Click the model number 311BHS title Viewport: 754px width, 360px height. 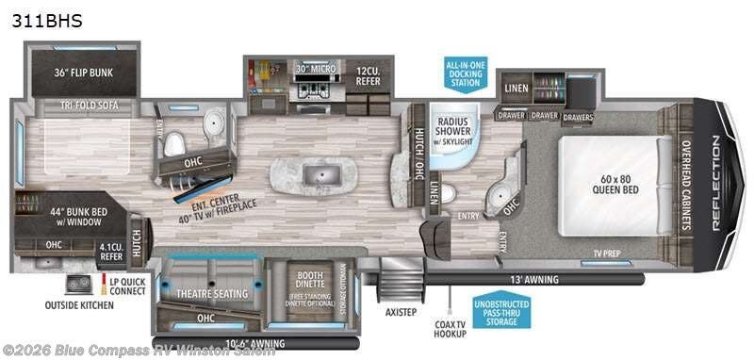click(x=46, y=20)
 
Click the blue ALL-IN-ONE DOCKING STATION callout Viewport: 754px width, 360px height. click(x=467, y=74)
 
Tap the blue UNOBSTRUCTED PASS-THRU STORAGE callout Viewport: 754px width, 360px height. click(x=500, y=311)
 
